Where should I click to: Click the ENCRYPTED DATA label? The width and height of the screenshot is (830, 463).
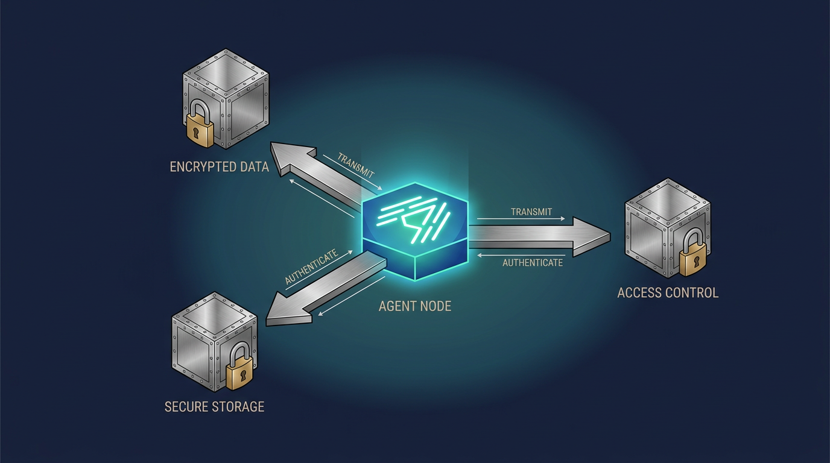pos(220,167)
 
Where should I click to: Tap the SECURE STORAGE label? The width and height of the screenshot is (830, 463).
pos(215,407)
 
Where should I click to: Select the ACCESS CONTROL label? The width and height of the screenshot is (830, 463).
pos(668,293)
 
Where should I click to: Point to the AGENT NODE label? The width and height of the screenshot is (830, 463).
pos(415,306)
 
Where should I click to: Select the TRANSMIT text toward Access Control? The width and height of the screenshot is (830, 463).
pos(531,212)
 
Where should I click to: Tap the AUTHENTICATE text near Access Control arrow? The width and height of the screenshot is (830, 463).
pos(533,263)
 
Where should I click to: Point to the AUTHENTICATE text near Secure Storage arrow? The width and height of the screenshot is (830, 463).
pos(311,266)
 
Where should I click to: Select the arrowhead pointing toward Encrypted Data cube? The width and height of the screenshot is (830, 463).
pos(291,159)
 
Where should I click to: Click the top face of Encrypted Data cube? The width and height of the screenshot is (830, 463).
pos(226,72)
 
